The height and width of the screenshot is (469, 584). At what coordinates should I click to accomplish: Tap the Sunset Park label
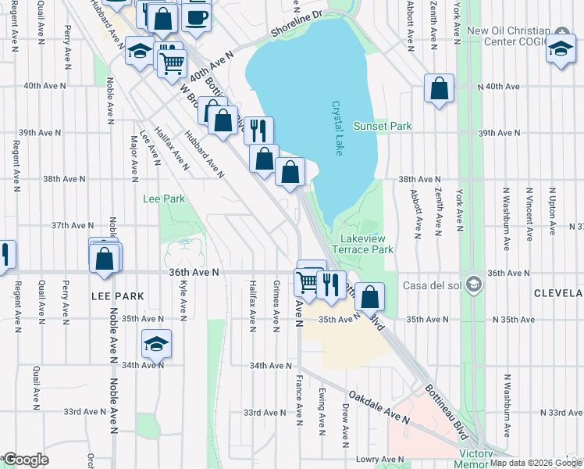(x=382, y=126)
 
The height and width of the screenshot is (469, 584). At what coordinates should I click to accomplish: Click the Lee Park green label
(x=164, y=199)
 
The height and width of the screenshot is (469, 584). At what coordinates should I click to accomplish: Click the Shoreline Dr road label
(x=297, y=23)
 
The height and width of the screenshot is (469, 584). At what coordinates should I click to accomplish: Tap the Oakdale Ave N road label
(x=379, y=407)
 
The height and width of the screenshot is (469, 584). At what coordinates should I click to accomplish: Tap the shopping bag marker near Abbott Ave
(x=439, y=88)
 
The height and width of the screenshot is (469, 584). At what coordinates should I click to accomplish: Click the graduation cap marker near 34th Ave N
(x=156, y=343)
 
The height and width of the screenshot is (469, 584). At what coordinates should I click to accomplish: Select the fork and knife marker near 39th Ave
(x=258, y=129)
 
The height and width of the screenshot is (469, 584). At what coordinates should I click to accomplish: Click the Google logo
(x=25, y=460)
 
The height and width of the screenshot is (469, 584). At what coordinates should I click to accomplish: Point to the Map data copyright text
(x=536, y=463)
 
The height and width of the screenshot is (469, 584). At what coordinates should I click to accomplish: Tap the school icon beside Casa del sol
(x=472, y=284)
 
